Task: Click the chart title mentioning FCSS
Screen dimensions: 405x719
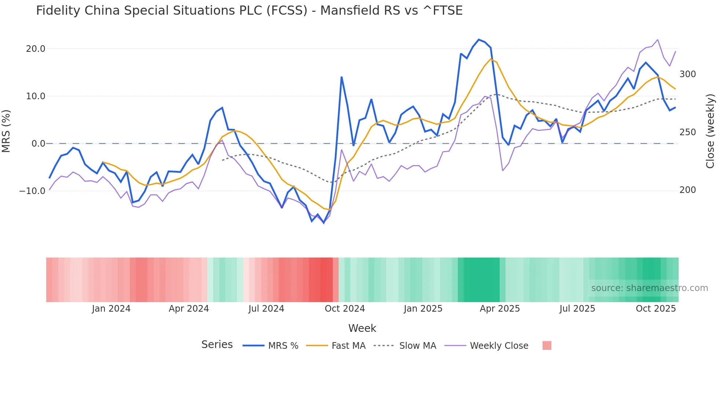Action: (249, 11)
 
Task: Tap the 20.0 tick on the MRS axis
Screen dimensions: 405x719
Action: (36, 49)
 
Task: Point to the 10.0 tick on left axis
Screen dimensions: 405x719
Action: (36, 96)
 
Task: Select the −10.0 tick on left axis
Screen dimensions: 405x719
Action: (32, 191)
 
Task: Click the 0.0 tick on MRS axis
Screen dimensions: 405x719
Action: (38, 144)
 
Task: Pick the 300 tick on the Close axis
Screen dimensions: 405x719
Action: (687, 74)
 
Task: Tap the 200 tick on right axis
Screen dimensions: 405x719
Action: (687, 190)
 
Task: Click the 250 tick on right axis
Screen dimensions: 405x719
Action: (687, 132)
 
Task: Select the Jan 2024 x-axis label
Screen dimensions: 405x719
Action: (111, 309)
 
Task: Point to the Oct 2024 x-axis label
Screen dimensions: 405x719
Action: (345, 309)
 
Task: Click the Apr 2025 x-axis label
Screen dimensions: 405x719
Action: (500, 309)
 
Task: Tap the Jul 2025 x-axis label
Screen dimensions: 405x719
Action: (577, 309)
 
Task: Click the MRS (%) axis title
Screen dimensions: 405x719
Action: (6, 131)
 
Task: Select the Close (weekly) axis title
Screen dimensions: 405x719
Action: (711, 131)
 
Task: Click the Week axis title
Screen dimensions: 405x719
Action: (362, 328)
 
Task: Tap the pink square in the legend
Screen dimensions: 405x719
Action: (547, 345)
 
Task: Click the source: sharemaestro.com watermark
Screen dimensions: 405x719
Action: (649, 288)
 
